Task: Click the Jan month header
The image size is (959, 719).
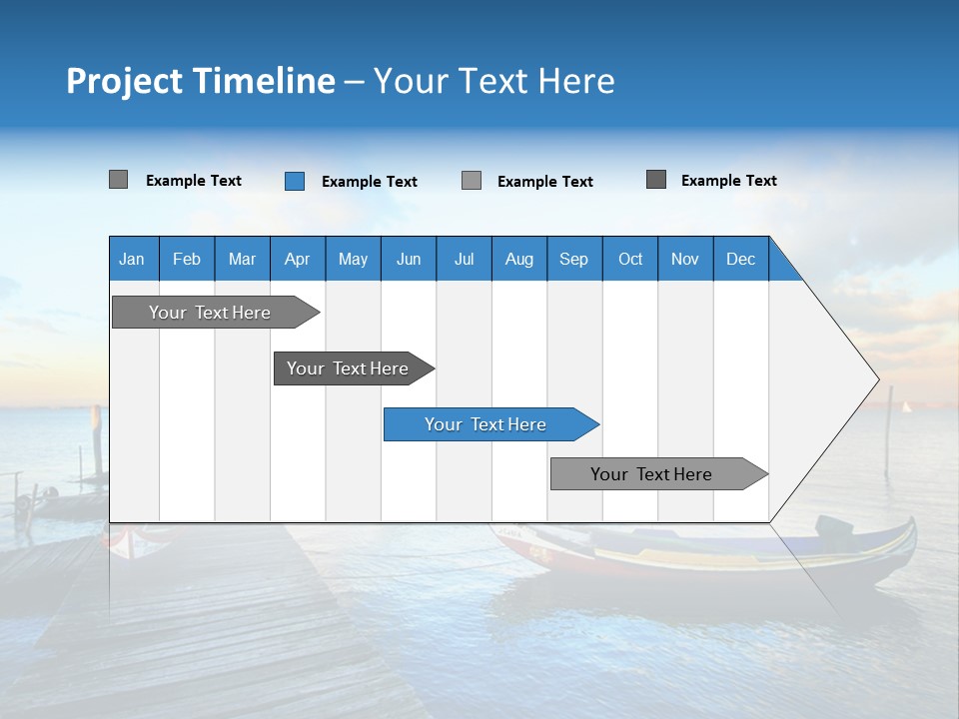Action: point(132,259)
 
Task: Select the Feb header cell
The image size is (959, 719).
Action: point(187,259)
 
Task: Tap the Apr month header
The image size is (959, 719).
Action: point(297,259)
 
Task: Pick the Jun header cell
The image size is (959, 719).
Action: point(409,259)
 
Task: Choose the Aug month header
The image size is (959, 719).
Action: point(518,259)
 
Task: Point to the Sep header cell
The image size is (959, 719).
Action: point(573,259)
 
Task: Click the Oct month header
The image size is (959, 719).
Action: point(630,259)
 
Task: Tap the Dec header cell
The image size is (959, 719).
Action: point(740,259)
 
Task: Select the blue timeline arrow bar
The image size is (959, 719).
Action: point(489,424)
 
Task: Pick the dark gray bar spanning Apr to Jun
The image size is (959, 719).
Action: point(350,368)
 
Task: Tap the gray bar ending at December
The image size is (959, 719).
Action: point(654,474)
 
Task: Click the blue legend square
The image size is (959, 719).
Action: point(295,181)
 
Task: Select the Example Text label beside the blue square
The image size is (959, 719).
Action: point(369,182)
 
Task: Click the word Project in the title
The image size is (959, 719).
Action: point(124,81)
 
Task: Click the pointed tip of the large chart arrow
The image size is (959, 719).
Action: point(876,379)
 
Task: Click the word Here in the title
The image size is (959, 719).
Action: point(576,81)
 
